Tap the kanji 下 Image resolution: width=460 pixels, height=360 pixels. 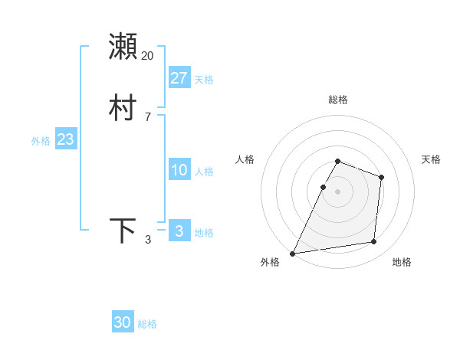point(123,231)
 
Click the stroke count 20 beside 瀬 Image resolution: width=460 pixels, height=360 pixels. point(147,56)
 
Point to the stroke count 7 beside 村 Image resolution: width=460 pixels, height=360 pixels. point(147,117)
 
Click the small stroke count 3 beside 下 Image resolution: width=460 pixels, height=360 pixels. point(148,241)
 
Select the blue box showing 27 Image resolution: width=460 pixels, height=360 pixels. point(179,77)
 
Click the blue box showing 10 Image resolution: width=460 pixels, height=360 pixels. point(179,170)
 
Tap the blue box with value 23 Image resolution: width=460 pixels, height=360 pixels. point(65,139)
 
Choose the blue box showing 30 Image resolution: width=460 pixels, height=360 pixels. point(123,322)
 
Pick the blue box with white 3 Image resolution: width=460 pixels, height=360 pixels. point(179,231)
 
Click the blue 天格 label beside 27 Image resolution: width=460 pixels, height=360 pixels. point(204,80)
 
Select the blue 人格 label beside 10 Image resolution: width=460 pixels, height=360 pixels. point(204,172)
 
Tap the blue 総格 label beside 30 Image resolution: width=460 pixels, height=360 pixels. point(147,325)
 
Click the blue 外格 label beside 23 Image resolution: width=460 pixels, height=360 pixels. point(41,141)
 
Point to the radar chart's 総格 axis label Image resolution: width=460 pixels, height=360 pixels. point(338,100)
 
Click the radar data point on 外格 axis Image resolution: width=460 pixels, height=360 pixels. point(293,254)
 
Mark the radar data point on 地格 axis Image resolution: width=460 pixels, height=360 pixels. point(374,242)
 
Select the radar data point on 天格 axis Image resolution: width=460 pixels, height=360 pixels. point(381,177)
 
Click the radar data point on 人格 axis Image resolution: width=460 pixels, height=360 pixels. point(323,187)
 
